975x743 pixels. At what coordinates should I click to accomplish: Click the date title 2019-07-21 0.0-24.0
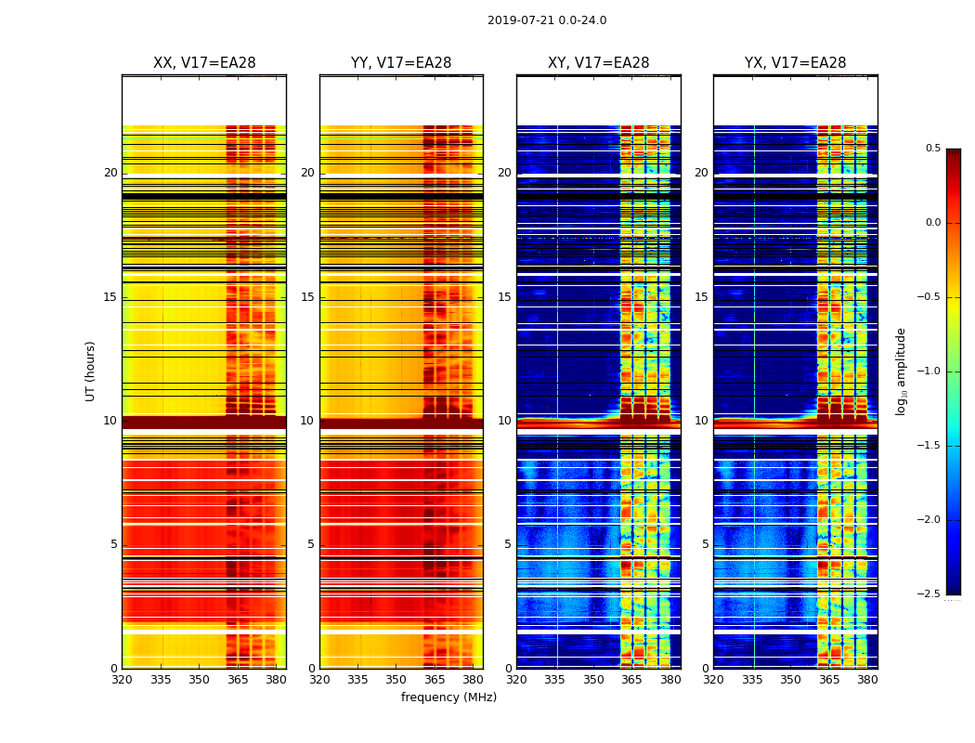pyautogui.click(x=547, y=20)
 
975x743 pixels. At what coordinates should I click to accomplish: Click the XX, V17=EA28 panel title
pyautogui.click(x=204, y=63)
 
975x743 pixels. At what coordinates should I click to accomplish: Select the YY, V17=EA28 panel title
pyautogui.click(x=401, y=63)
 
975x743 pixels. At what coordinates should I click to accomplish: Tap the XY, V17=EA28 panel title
pyautogui.click(x=599, y=63)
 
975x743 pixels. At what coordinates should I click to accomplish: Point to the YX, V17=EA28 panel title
pyautogui.click(x=796, y=63)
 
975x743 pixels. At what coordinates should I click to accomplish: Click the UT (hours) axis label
pyautogui.click(x=91, y=371)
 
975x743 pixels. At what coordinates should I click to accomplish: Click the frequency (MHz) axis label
pyautogui.click(x=448, y=697)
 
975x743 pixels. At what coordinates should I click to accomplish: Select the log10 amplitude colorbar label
pyautogui.click(x=902, y=371)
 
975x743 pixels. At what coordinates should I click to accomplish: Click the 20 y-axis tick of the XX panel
pyautogui.click(x=110, y=173)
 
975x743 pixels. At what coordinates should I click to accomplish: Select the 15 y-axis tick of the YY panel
pyautogui.click(x=307, y=297)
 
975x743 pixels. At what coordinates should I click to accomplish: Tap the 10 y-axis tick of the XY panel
pyautogui.click(x=504, y=421)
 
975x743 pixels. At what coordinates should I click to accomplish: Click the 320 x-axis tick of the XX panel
pyautogui.click(x=122, y=679)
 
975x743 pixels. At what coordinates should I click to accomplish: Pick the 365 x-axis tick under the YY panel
pyautogui.click(x=435, y=679)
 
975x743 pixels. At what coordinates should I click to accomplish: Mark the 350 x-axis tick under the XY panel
pyautogui.click(x=593, y=679)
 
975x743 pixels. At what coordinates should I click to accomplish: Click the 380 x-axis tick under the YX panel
pyautogui.click(x=867, y=679)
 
